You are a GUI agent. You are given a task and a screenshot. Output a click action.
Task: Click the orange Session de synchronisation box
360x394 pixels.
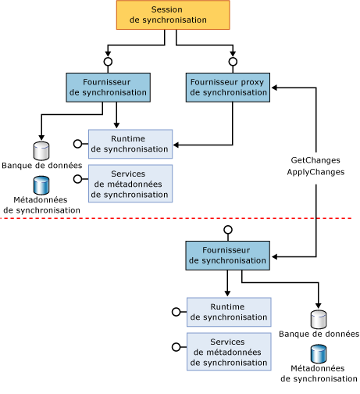(x=173, y=15)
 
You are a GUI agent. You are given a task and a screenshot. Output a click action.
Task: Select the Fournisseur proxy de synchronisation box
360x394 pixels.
(x=227, y=87)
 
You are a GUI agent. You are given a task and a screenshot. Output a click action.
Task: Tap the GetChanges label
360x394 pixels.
(x=316, y=159)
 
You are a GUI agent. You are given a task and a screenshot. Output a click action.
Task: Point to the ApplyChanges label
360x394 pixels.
(x=316, y=170)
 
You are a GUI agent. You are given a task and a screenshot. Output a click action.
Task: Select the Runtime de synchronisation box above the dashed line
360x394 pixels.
(x=130, y=144)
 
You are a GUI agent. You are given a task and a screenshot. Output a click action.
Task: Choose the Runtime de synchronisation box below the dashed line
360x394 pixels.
(x=228, y=312)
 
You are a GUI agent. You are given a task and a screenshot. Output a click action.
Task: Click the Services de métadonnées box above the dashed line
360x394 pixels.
(x=130, y=184)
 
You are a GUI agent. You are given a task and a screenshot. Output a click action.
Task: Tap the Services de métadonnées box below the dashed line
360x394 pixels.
(x=228, y=352)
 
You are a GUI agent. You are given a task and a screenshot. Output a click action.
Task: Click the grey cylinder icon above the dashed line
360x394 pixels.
(x=41, y=150)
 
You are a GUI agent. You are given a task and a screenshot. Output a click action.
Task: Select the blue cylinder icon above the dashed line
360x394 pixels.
(x=41, y=186)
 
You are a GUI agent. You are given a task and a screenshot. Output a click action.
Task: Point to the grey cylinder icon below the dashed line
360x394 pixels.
(x=319, y=319)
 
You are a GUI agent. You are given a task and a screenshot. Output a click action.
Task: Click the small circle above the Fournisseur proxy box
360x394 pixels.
(x=233, y=61)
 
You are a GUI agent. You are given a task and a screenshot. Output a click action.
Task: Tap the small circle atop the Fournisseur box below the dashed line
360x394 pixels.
(x=228, y=230)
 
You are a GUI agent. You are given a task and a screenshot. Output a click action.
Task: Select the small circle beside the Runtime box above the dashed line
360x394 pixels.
(x=77, y=144)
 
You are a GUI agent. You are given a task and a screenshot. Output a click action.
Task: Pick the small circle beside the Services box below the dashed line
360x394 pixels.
(x=176, y=346)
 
